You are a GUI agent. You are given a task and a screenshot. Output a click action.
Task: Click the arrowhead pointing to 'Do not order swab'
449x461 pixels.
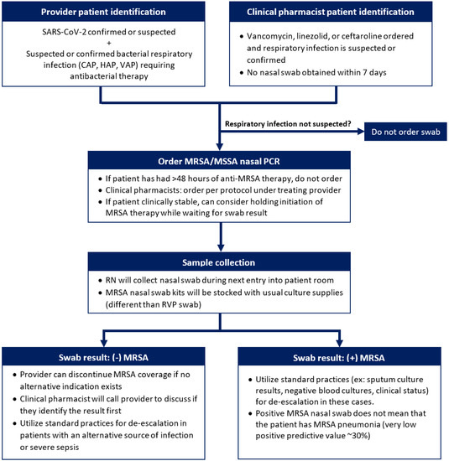click(358, 132)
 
